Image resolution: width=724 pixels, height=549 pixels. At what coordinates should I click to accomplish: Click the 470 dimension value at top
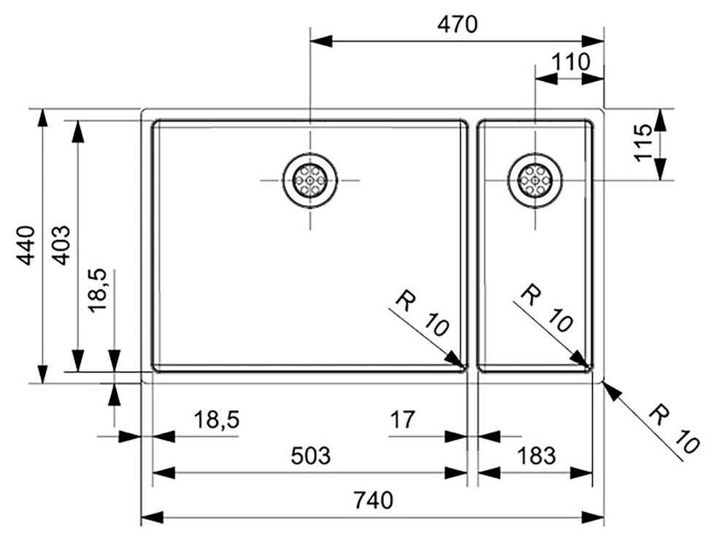pos(457,25)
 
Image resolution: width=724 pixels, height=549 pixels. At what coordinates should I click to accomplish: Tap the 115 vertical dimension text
pos(643,144)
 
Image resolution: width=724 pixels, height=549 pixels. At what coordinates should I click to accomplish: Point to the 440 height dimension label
pos(26,245)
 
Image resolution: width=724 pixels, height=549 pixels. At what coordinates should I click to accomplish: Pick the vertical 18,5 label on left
pos(97,290)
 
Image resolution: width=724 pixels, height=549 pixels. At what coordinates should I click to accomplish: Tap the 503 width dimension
pos(310,456)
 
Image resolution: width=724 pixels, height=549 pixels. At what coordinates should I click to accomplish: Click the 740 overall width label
pos(372,501)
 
